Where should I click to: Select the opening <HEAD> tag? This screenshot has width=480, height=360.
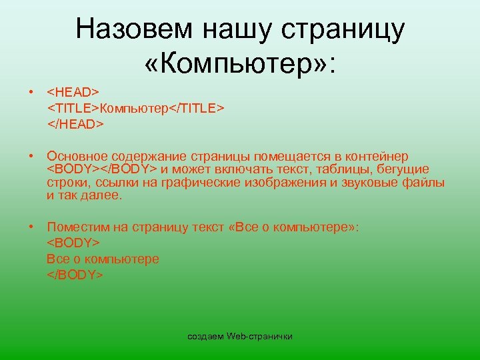click(x=73, y=91)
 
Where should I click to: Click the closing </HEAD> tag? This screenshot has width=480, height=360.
click(x=75, y=123)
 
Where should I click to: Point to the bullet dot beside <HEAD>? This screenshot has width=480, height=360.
click(x=31, y=91)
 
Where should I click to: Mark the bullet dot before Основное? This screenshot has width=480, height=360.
click(x=31, y=155)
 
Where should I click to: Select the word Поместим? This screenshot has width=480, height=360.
click(x=76, y=227)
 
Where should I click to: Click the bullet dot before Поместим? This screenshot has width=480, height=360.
click(x=31, y=227)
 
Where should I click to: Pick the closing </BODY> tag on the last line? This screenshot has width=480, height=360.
click(x=75, y=274)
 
